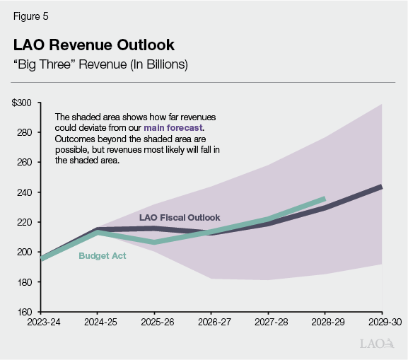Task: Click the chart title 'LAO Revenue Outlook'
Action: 93,45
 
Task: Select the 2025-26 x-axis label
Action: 154,323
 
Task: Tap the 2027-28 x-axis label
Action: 268,323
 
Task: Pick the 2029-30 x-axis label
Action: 381,323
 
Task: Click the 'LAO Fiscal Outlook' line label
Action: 180,217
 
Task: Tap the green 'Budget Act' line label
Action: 103,256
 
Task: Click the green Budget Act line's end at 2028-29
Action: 325,199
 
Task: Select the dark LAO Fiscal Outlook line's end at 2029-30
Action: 381,187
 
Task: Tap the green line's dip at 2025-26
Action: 154,243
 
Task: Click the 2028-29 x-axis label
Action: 325,323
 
